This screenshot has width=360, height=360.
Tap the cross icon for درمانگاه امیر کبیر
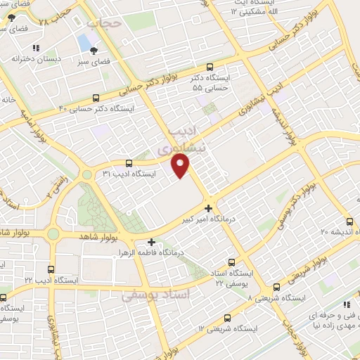[x=208, y=207]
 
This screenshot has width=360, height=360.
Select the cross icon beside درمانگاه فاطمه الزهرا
[x=151, y=242]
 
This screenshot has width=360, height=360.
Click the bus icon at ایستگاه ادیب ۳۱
[x=127, y=164]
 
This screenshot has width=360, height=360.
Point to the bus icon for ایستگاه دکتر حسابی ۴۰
[x=96, y=98]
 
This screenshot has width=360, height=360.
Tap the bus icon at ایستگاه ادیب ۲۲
[x=51, y=269]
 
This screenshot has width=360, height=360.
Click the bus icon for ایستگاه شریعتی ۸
[x=276, y=287]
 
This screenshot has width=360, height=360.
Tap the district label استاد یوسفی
[x=156, y=295]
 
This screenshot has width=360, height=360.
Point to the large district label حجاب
[x=106, y=22]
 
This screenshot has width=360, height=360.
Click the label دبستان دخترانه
[x=33, y=59]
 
